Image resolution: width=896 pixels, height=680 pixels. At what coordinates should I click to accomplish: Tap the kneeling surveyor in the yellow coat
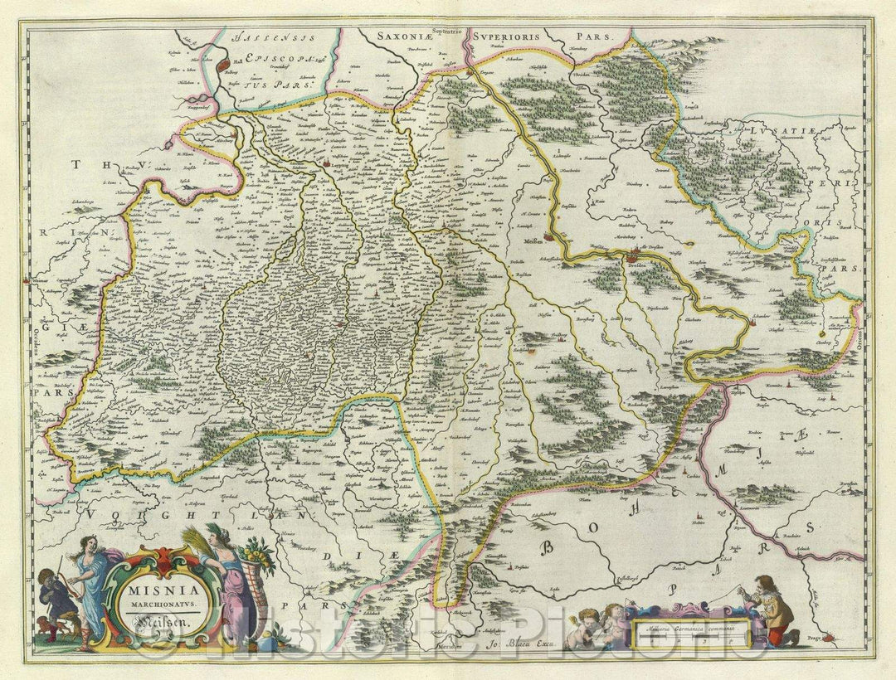coord(775,610)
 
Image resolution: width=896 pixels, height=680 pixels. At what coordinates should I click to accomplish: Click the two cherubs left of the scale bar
coord(603,622)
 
